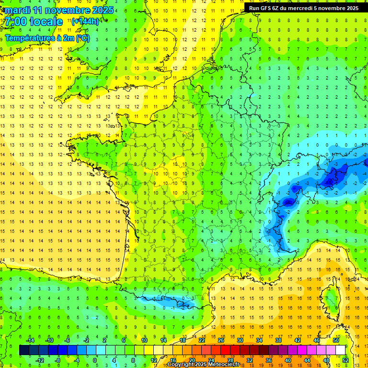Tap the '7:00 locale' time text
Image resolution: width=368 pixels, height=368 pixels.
click(34, 22)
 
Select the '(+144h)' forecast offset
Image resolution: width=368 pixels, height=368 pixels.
click(85, 21)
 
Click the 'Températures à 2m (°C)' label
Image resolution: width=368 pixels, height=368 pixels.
click(47, 37)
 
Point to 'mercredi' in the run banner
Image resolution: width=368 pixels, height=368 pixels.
click(311, 8)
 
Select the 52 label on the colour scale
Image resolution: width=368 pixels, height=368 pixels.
click(345, 360)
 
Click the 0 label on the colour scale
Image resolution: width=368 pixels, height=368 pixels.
click(94, 360)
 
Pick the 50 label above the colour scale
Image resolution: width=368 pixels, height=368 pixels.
click(336, 340)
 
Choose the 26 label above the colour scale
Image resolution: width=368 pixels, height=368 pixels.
click(221, 340)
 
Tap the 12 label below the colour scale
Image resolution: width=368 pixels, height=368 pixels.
click(154, 360)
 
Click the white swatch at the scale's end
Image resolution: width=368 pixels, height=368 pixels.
click(341, 350)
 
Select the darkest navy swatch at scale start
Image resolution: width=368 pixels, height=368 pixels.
click(24, 350)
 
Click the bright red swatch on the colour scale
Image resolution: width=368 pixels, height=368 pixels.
click(225, 350)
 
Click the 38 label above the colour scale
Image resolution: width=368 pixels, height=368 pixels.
click(278, 340)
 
